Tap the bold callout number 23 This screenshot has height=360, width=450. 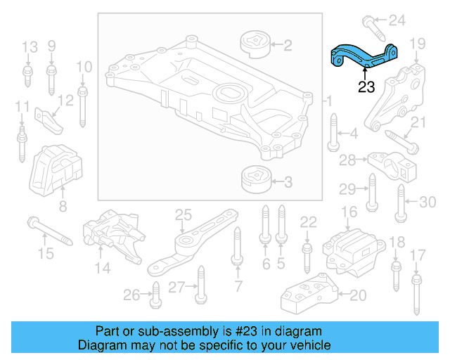(x=366, y=88)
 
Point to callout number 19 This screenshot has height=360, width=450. (x=418, y=44)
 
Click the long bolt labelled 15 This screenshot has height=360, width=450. (x=50, y=232)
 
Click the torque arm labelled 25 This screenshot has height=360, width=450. (x=190, y=243)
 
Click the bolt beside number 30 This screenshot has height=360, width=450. (x=401, y=202)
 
